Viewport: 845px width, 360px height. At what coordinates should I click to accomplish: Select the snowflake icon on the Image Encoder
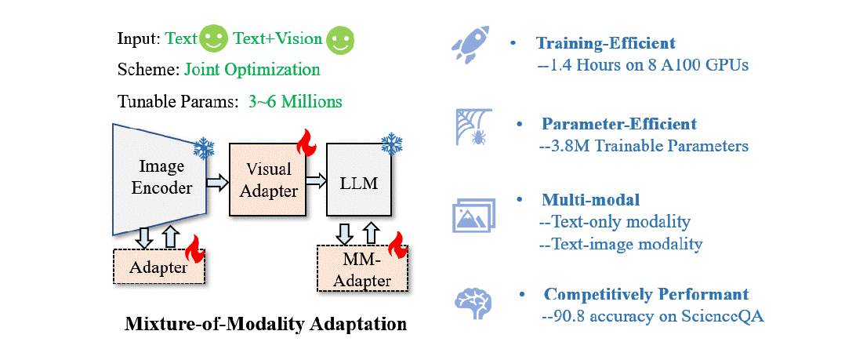[x=205, y=148]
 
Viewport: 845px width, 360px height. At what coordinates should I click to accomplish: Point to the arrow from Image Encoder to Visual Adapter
[x=217, y=183]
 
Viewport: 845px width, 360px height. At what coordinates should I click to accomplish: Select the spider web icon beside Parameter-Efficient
[x=471, y=129]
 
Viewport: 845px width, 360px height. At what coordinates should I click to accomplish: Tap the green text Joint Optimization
[x=252, y=69]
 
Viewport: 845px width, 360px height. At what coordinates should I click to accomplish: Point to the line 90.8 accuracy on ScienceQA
[x=652, y=316]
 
